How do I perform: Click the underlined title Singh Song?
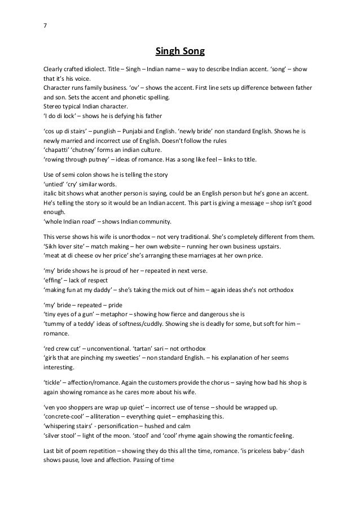click(180, 53)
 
